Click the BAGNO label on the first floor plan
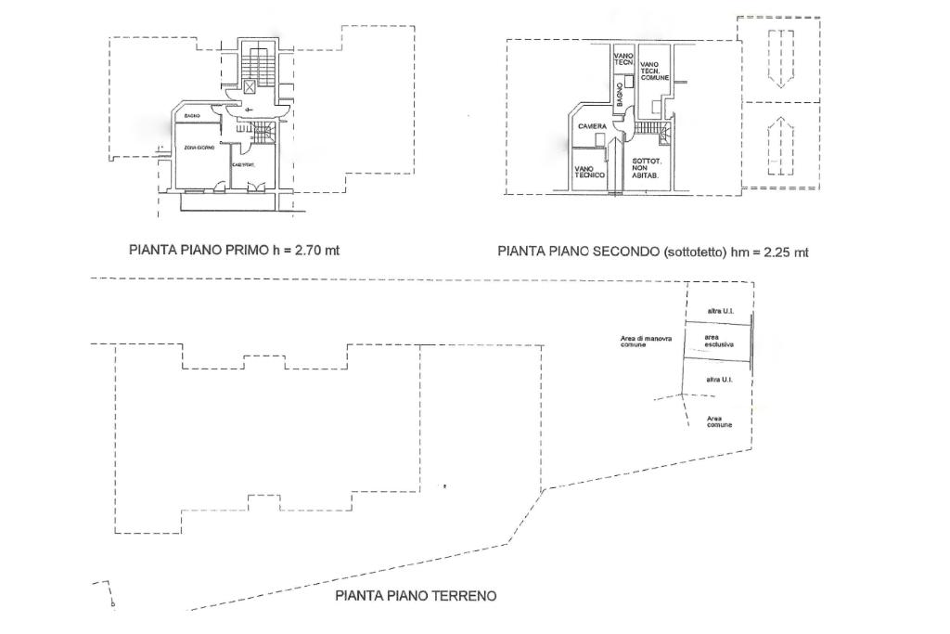pos(192,115)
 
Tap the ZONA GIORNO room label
pos(199,149)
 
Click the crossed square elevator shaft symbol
pos(250,85)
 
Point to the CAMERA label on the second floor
pos(592,125)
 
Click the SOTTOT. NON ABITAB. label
pos(646,168)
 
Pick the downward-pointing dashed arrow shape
pos(780,58)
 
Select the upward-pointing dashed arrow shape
pos(780,147)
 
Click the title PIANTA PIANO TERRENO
pos(415,596)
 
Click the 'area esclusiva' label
pos(718,341)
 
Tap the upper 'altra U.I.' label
pos(720,310)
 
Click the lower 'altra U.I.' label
pos(720,380)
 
